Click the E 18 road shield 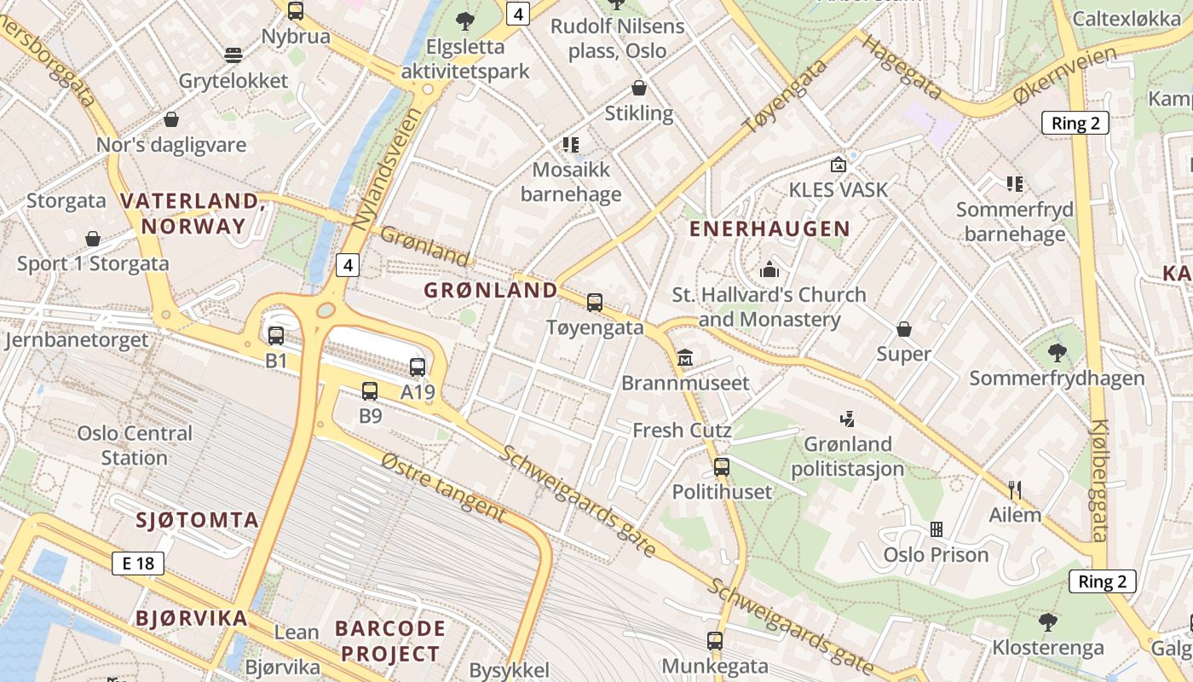pyautogui.click(x=138, y=563)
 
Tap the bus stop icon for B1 pyautogui.click(x=275, y=336)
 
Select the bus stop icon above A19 pyautogui.click(x=418, y=367)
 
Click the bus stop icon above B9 pyautogui.click(x=369, y=391)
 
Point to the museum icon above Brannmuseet pyautogui.click(x=685, y=358)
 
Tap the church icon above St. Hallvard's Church pyautogui.click(x=769, y=270)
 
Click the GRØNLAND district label pyautogui.click(x=491, y=290)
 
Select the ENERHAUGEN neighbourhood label pyautogui.click(x=769, y=228)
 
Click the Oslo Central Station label pyautogui.click(x=135, y=445)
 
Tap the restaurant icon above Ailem pyautogui.click(x=1015, y=490)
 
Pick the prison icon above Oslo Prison pyautogui.click(x=937, y=529)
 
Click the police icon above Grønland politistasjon pyautogui.click(x=847, y=419)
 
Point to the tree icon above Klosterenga pyautogui.click(x=1048, y=621)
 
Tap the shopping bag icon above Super pyautogui.click(x=904, y=328)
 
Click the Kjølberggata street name pyautogui.click(x=1099, y=481)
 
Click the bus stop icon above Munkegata pyautogui.click(x=715, y=640)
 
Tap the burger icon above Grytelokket pyautogui.click(x=233, y=55)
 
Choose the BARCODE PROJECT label pyautogui.click(x=390, y=641)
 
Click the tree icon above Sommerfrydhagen pyautogui.click(x=1057, y=352)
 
